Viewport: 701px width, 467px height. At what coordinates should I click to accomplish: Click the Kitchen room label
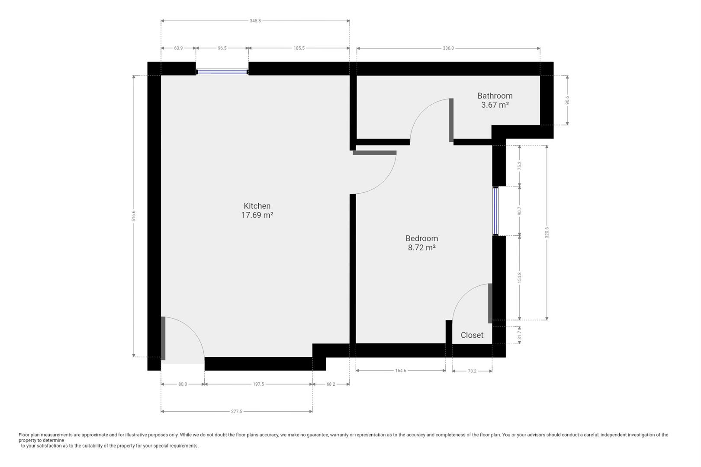click(x=257, y=206)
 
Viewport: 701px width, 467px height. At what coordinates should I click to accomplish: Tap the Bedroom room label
click(x=421, y=238)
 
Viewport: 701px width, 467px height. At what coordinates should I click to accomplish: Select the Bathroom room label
click(x=495, y=96)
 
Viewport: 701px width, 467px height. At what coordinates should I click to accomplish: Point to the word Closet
click(x=472, y=335)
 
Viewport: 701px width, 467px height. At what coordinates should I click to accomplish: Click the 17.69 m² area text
click(x=257, y=215)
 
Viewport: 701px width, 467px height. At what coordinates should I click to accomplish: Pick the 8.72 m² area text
click(x=421, y=248)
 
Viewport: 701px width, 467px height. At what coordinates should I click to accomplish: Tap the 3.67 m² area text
click(x=495, y=105)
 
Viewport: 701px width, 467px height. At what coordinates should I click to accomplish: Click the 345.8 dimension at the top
click(x=255, y=21)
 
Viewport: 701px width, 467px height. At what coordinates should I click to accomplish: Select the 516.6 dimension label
click(x=134, y=216)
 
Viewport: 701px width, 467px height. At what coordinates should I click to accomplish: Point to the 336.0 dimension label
click(x=448, y=48)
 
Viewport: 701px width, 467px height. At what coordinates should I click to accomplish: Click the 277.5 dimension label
click(x=237, y=412)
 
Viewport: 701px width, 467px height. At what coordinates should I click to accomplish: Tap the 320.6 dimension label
click(x=547, y=232)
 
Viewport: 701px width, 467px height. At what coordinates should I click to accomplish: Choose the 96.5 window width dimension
click(x=222, y=48)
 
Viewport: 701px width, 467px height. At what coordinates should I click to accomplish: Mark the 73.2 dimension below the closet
click(x=472, y=371)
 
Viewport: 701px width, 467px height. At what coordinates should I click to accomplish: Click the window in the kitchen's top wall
click(x=222, y=72)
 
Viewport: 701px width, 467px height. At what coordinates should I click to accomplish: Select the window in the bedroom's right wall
click(x=495, y=211)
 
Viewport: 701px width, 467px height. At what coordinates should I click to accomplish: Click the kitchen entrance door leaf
click(x=163, y=339)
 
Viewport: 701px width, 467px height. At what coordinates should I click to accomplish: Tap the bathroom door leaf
click(x=451, y=120)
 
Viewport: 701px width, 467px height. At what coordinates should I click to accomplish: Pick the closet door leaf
click(x=490, y=303)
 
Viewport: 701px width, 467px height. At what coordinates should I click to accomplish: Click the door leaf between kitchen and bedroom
click(x=374, y=153)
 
